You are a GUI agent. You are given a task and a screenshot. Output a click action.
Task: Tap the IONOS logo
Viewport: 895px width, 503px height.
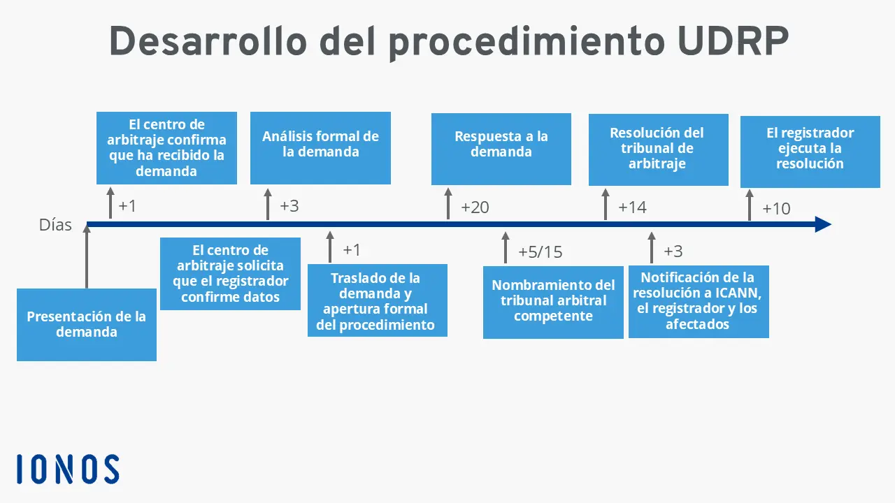tap(68, 469)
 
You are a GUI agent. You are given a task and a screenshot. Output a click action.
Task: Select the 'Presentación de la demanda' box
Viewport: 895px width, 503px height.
tap(87, 324)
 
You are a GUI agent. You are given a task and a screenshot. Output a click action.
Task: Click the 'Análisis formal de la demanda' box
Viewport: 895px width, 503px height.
tap(320, 147)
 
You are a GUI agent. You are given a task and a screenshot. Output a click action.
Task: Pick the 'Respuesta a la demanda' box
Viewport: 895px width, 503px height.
tap(501, 149)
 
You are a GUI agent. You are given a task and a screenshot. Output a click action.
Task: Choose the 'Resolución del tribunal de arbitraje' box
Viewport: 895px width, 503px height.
tap(658, 150)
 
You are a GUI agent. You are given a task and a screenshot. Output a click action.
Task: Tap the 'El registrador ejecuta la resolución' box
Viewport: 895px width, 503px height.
tap(810, 151)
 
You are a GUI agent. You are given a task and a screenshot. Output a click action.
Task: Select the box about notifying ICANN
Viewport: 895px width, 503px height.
tap(698, 301)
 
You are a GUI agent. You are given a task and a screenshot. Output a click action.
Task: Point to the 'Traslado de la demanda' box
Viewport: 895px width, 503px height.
tap(377, 300)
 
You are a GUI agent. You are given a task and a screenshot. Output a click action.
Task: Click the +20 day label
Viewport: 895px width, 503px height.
tap(475, 207)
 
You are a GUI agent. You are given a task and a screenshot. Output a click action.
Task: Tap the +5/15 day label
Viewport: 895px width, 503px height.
tap(540, 252)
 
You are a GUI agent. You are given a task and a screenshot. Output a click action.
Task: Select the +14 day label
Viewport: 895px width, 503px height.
tap(632, 207)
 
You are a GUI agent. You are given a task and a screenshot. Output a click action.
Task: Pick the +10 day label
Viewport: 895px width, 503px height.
tap(776, 209)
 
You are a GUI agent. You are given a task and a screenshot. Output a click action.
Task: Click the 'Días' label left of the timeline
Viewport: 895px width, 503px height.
tap(55, 225)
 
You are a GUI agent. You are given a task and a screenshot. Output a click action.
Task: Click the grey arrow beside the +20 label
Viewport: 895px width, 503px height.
tap(448, 204)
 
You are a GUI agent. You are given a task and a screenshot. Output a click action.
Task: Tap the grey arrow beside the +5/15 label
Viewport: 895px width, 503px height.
tap(506, 248)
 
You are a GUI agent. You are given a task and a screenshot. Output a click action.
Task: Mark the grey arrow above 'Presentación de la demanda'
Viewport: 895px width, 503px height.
tap(87, 257)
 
